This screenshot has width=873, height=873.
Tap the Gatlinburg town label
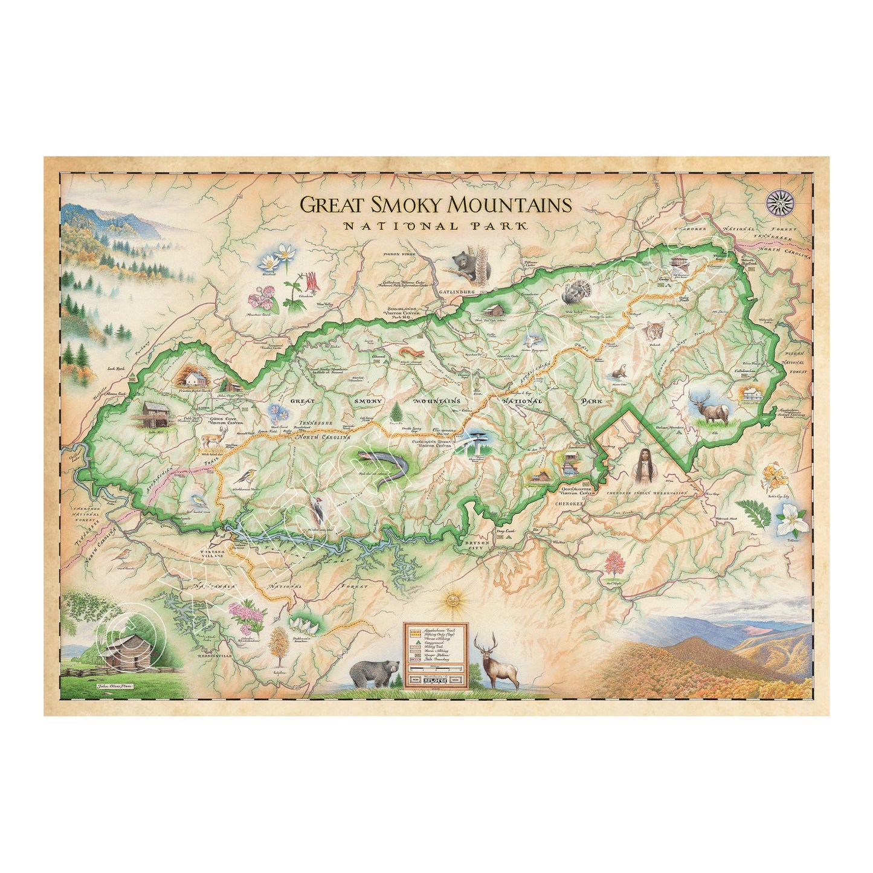(x=459, y=292)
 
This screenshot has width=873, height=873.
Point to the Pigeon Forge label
(x=399, y=254)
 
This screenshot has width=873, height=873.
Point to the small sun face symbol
(x=451, y=601)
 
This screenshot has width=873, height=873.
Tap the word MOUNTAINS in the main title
(x=507, y=205)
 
